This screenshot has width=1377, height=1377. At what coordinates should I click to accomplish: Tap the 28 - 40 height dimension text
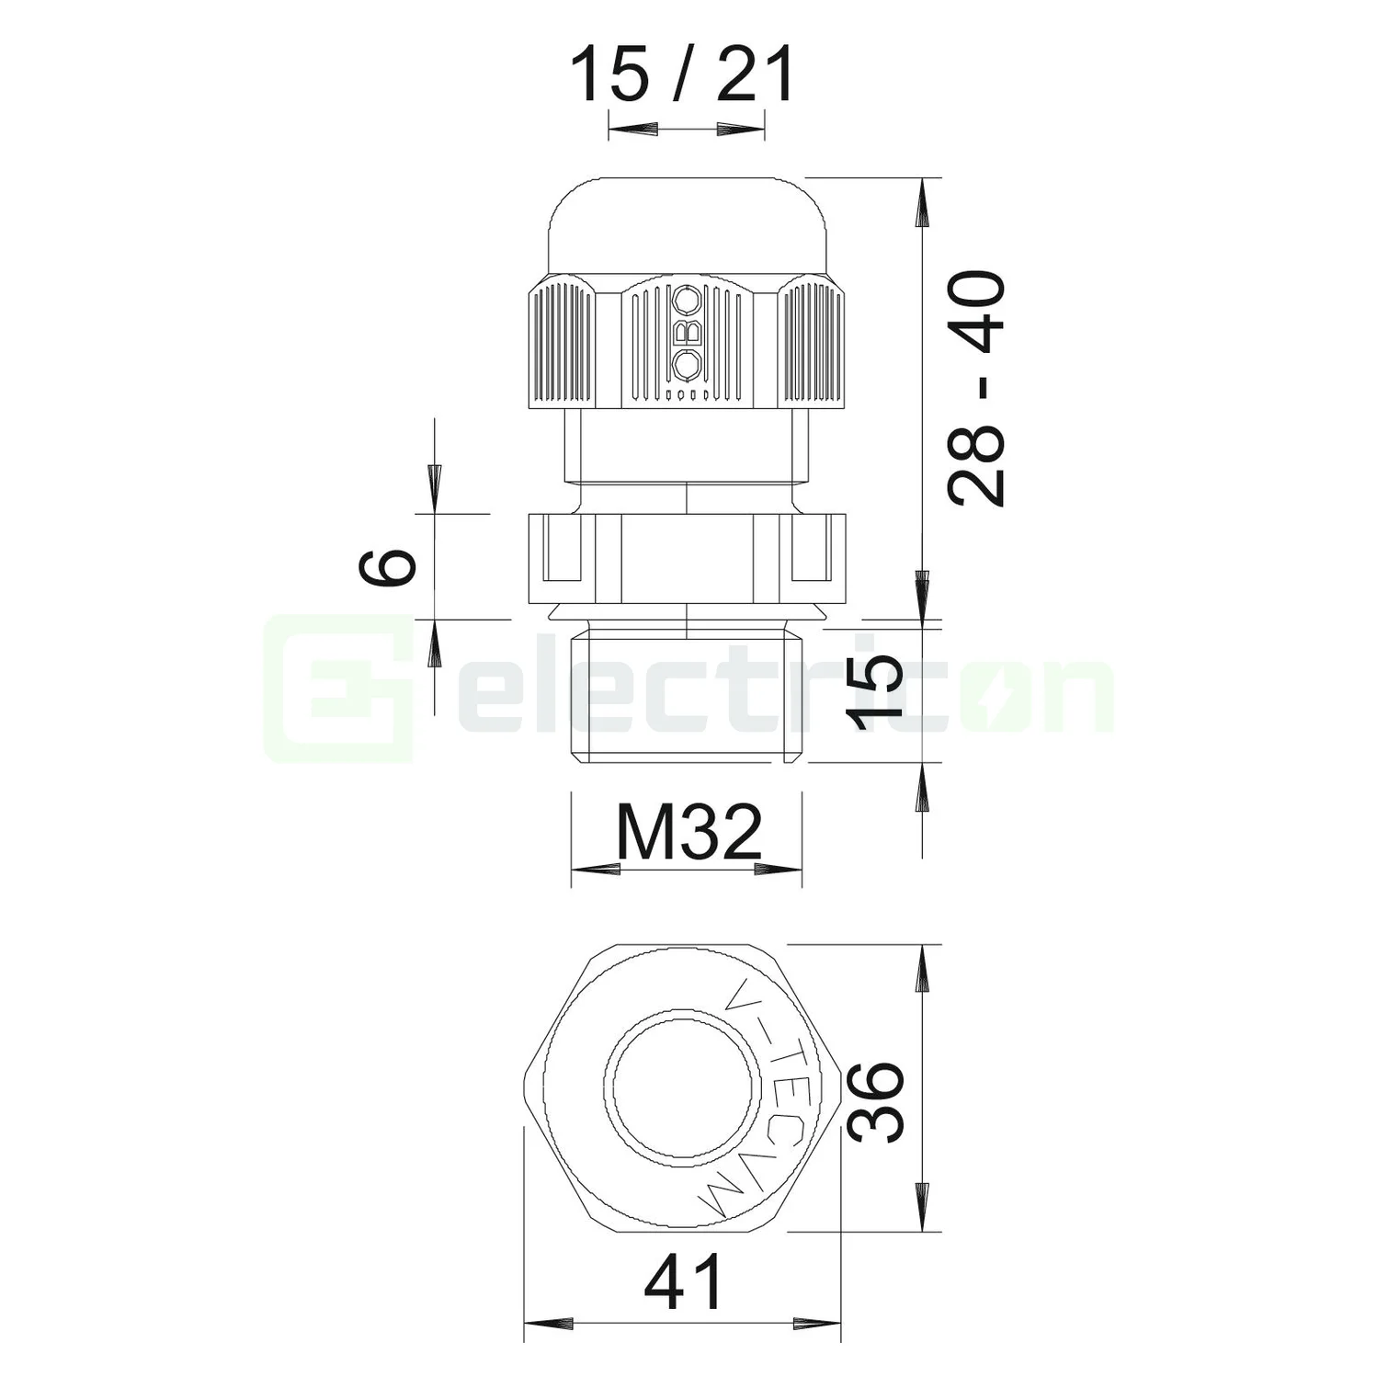point(977,387)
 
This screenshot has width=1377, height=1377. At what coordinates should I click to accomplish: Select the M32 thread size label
point(688,831)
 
